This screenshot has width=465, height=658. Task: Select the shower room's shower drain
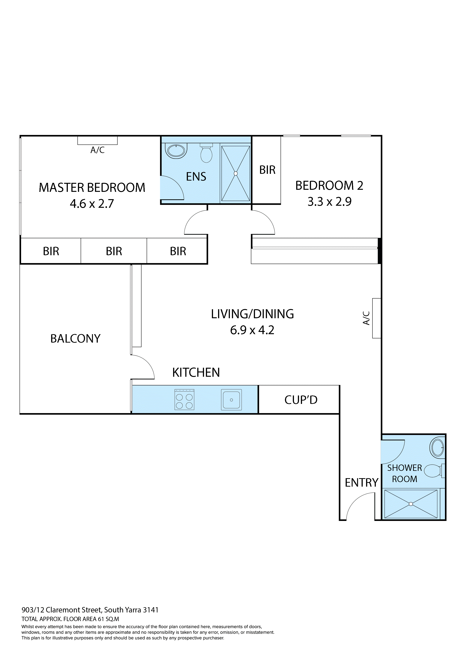[x=411, y=504]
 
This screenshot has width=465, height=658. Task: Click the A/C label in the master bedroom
[x=97, y=150]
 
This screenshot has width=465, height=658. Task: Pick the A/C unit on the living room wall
[x=376, y=318]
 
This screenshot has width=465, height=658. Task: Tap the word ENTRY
[x=361, y=483]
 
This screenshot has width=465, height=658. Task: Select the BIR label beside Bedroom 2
[x=267, y=170]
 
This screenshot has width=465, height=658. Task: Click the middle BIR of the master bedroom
[x=114, y=251]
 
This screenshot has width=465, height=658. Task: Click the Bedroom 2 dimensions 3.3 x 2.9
[x=329, y=202]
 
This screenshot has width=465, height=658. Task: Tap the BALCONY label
[x=75, y=338]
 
